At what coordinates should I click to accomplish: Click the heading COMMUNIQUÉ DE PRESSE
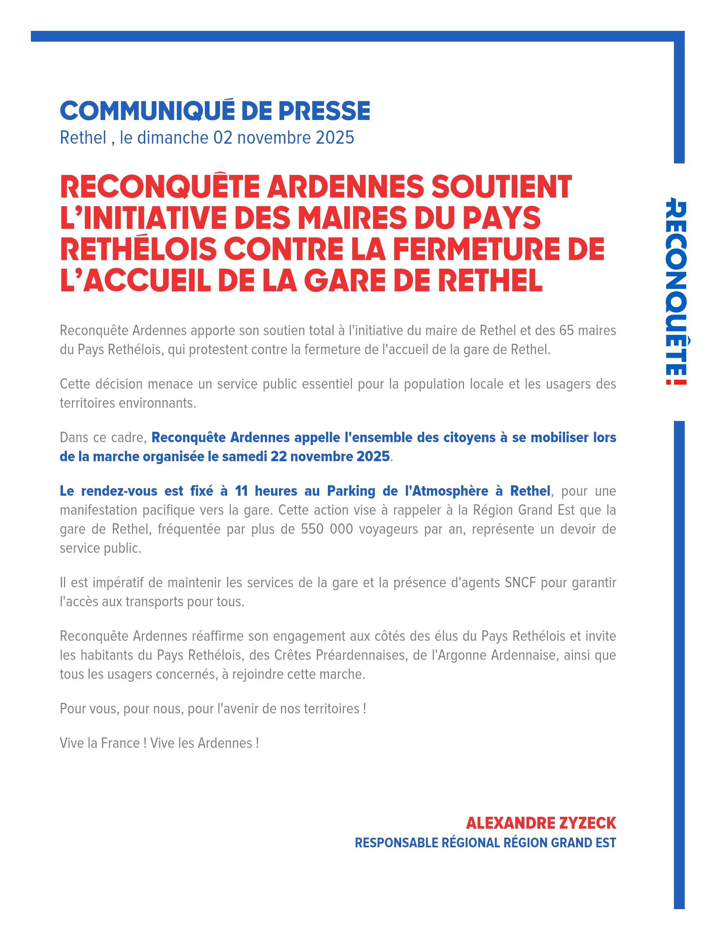215,111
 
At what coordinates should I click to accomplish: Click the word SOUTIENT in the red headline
501,187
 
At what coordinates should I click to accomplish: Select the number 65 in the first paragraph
567,330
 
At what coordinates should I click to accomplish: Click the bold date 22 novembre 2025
330,457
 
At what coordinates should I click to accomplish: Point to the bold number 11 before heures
241,491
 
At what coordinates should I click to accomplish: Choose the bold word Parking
351,491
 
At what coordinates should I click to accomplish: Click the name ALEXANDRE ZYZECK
541,823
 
